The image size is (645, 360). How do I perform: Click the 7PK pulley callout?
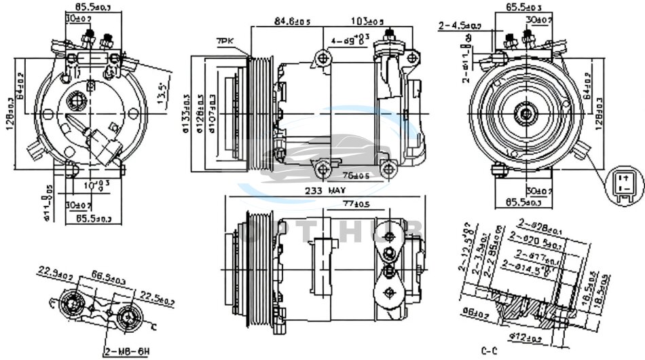pyautogui.click(x=225, y=41)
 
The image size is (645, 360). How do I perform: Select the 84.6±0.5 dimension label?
pyautogui.click(x=292, y=22)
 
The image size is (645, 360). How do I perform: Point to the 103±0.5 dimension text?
pyautogui.click(x=367, y=22)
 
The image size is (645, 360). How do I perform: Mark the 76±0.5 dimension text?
pyautogui.click(x=355, y=177)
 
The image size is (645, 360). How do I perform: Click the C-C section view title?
pyautogui.click(x=491, y=350)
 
